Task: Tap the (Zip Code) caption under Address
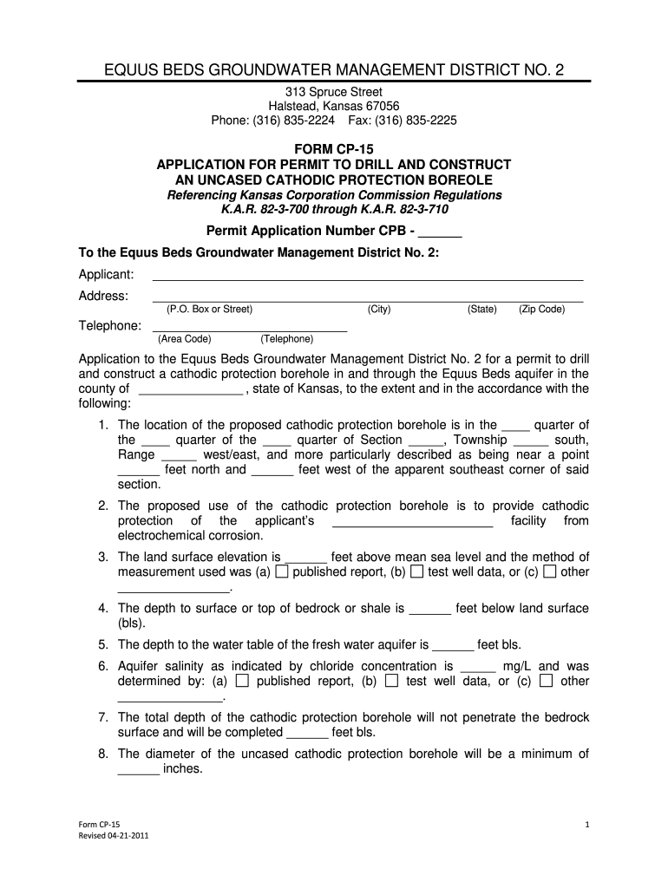point(541,309)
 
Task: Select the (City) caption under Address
point(379,309)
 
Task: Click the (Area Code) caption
point(184,339)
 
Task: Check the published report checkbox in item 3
point(282,572)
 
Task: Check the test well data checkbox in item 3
point(416,572)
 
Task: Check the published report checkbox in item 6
point(242,682)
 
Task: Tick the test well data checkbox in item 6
point(391,682)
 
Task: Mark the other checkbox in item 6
point(546,682)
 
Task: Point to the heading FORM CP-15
point(334,150)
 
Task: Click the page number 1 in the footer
point(587,824)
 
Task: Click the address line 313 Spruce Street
point(334,92)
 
